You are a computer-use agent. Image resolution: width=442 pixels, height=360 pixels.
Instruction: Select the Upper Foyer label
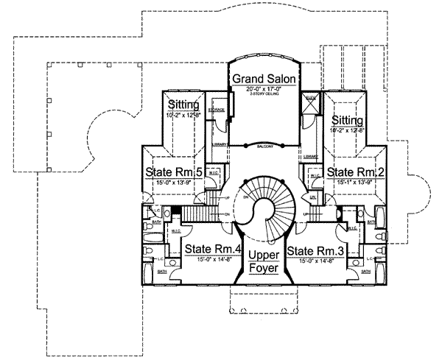[x=263, y=261]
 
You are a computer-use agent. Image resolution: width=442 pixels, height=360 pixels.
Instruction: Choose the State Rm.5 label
[x=169, y=173]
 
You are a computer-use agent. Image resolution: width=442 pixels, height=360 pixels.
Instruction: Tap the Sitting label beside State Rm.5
[x=178, y=105]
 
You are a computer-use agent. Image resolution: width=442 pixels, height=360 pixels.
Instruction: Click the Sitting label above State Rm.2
[x=346, y=120]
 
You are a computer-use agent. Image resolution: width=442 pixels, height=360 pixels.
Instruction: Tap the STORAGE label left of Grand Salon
[x=216, y=110]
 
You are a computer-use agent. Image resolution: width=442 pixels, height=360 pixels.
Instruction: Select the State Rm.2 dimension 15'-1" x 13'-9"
[x=356, y=183]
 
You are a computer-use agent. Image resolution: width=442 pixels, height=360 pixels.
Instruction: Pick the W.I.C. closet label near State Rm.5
[x=212, y=174]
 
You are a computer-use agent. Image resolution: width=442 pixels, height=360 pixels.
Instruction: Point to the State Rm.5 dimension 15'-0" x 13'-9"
[x=169, y=183]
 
